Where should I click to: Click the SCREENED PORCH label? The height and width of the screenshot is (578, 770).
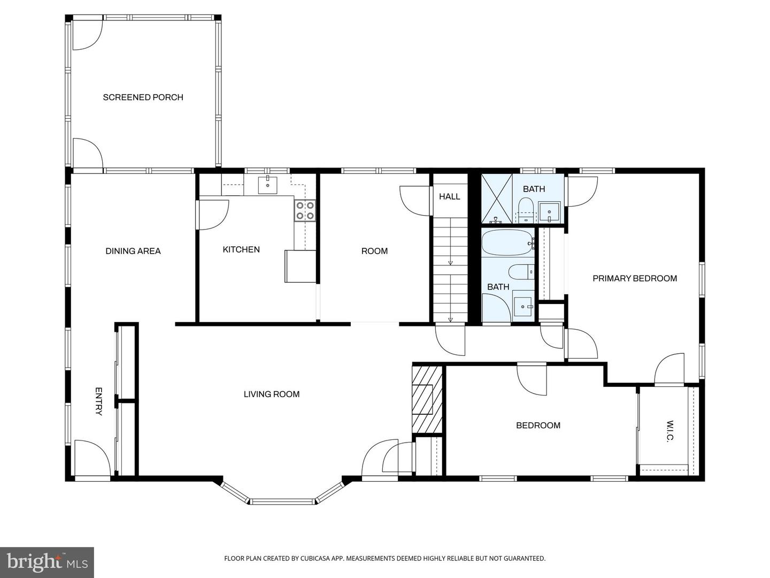pos(143,97)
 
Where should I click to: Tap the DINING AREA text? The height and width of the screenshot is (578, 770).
pos(133,251)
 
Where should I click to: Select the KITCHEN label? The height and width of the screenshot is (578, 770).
pos(241,249)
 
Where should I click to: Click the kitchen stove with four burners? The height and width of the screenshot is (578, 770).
pos(305,210)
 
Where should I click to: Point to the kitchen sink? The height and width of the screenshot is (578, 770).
pos(267,185)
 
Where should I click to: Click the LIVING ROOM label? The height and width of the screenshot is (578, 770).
pos(271,394)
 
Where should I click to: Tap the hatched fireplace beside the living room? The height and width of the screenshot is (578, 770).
pos(427,399)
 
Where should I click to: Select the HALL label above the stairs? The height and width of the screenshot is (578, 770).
pos(449,196)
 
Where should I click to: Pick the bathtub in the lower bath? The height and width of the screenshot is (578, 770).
pos(507,244)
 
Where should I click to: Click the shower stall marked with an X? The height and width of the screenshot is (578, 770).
pos(497,199)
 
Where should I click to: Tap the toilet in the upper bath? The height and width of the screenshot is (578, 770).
pos(526,209)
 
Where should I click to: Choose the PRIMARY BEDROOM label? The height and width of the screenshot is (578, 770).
pos(635,278)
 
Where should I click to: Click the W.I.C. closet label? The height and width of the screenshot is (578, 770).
pos(669,431)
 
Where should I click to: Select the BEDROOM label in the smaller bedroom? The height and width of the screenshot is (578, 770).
pos(538,425)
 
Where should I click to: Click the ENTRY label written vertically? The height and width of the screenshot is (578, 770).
pos(98,401)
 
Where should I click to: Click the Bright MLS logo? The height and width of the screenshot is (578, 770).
pos(47,562)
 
